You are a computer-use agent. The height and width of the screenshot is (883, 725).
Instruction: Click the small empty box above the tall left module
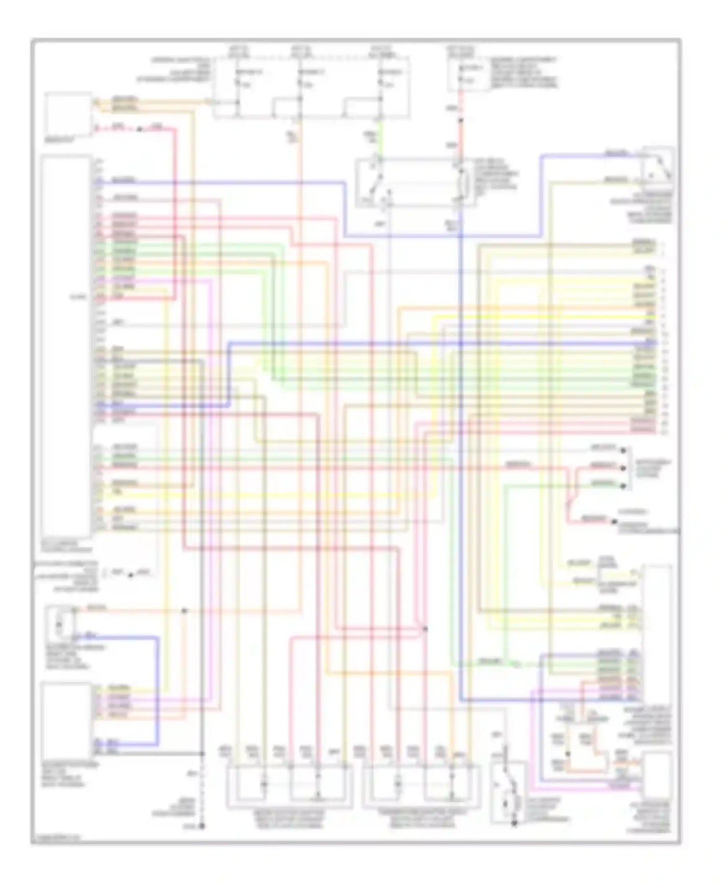coord(68,114)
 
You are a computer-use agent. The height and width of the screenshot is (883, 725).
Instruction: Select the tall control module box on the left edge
coord(66,345)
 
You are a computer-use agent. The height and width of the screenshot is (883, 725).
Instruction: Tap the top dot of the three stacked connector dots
coord(624,450)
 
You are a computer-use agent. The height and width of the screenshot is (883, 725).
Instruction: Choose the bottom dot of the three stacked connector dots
coord(624,486)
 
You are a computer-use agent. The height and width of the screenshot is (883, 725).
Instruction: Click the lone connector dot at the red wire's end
coord(614,522)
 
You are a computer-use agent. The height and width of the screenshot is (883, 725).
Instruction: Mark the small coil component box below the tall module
coord(59,625)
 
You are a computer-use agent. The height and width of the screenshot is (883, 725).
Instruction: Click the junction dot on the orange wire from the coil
coord(184,611)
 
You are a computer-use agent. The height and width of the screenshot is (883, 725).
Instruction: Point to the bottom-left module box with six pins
coord(66,720)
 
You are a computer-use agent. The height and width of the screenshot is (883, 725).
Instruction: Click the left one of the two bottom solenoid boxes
coord(290,786)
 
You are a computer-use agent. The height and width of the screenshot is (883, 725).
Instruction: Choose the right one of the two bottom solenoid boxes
coord(421,786)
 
